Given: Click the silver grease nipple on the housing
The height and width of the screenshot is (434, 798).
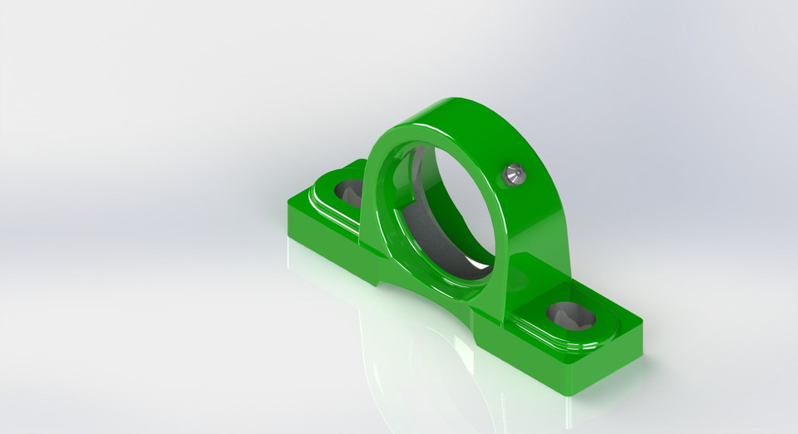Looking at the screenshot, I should (514, 174).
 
